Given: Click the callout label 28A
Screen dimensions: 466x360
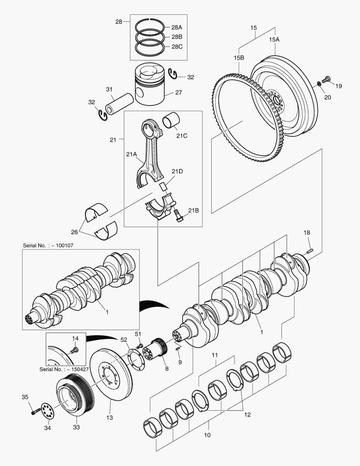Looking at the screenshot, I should (x=177, y=27).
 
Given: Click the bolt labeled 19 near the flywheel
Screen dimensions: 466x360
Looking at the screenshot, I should (x=326, y=79).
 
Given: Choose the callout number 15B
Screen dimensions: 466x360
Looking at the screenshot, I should (x=239, y=57).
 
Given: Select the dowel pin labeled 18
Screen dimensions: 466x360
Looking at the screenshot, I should (x=309, y=250).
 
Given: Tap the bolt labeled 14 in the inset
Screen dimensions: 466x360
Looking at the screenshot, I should (x=75, y=350).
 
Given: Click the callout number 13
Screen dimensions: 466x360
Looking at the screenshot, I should (x=110, y=417).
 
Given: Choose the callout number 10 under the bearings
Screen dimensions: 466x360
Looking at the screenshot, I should (x=207, y=435).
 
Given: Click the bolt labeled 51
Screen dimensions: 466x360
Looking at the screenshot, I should (x=139, y=346).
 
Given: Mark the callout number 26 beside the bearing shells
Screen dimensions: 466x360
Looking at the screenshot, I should (x=75, y=232).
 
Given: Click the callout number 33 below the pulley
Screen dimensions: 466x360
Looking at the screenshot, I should (x=76, y=427).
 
